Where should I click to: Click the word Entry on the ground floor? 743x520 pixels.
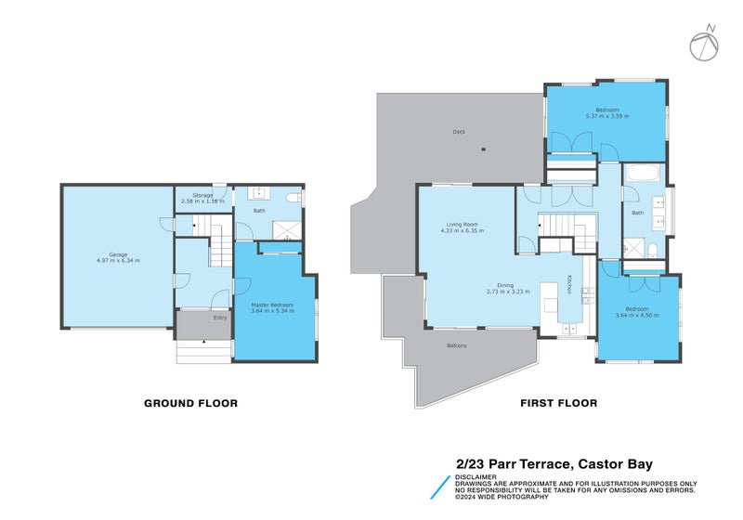pyautogui.click(x=220, y=318)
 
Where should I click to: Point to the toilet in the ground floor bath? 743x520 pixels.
pyautogui.click(x=292, y=199)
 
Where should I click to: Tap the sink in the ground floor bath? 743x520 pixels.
pyautogui.click(x=257, y=194)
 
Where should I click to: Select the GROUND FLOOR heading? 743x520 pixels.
pyautogui.click(x=190, y=403)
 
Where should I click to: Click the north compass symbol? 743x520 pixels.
pyautogui.click(x=703, y=43)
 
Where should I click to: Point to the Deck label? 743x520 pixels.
pyautogui.click(x=458, y=132)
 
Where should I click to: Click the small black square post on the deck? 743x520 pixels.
pyautogui.click(x=483, y=149)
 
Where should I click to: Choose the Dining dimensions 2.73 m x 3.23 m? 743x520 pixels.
pyautogui.click(x=508, y=292)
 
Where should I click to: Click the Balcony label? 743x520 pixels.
pyautogui.click(x=457, y=346)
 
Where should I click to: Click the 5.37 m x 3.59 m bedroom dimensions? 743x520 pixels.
pyautogui.click(x=606, y=116)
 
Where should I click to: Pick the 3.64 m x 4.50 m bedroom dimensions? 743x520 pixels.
pyautogui.click(x=637, y=315)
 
